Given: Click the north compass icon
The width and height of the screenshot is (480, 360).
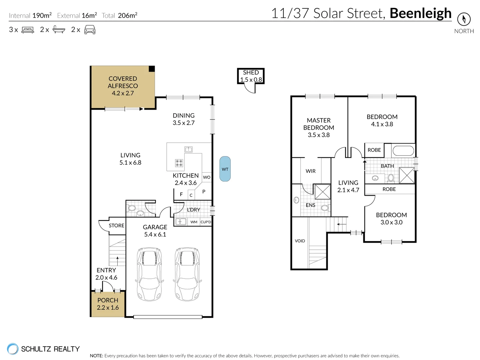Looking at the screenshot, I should (x=464, y=19).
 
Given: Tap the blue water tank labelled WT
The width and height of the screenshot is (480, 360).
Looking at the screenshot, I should (x=225, y=169).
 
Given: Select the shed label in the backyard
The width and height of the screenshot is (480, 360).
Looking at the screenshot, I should (x=251, y=72).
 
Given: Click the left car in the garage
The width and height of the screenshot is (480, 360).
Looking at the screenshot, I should (x=150, y=274).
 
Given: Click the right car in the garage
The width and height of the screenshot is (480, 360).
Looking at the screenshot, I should (x=187, y=274).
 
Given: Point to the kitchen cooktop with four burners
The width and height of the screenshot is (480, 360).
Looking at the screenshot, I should (x=179, y=163).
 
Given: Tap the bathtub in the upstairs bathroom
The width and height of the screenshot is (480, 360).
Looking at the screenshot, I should (x=403, y=151).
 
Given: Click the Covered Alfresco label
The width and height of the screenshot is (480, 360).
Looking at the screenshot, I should (x=123, y=82).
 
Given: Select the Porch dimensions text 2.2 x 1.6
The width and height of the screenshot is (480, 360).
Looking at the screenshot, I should (x=108, y=308).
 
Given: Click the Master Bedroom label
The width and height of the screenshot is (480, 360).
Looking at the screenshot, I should (x=319, y=124).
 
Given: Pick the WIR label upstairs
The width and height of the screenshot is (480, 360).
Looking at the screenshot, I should (x=310, y=171).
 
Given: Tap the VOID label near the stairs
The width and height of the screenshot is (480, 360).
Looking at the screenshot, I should (x=300, y=241).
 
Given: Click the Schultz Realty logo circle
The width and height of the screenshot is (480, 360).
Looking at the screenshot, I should (x=13, y=349).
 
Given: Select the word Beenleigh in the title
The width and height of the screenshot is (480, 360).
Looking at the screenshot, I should (x=420, y=13).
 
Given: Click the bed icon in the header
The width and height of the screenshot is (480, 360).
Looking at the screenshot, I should (x=28, y=30).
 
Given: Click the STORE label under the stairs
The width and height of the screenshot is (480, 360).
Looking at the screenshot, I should (x=116, y=226).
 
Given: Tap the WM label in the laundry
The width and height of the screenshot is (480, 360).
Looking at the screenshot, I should (x=194, y=222).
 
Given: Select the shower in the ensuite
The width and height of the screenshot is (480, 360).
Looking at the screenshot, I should (x=322, y=192).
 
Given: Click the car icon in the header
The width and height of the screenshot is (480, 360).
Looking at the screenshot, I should (x=90, y=30).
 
